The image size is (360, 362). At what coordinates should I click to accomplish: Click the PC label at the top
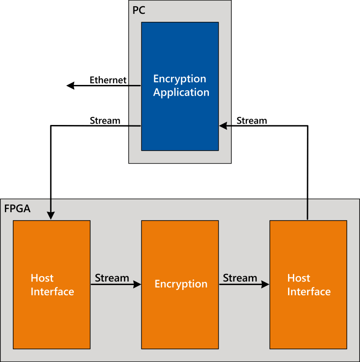point(139,10)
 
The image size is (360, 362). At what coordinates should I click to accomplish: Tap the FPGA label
point(17,209)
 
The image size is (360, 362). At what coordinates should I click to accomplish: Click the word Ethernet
point(108,80)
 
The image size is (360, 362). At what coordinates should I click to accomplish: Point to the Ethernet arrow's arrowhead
point(70,85)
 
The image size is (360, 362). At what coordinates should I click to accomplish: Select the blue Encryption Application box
point(180,86)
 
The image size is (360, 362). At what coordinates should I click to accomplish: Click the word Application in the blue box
point(181,93)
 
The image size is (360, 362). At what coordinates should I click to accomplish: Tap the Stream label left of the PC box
point(105,121)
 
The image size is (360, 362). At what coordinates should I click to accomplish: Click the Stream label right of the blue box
point(252,121)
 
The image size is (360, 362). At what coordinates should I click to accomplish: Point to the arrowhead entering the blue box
point(223,126)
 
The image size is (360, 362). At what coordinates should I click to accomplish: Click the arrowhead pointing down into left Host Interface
point(51,216)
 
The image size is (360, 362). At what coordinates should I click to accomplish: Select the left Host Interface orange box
point(52,285)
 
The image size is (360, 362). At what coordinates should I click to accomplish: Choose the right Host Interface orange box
point(308,285)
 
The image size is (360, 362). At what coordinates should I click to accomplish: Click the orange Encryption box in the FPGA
point(180,285)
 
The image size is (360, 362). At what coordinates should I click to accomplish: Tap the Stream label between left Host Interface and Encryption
point(112,278)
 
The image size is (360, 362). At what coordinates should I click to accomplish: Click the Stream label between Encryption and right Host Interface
point(240,278)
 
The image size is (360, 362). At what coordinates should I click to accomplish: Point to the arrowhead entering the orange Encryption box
point(137,285)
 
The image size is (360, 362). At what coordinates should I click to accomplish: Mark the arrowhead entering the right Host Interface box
point(265,285)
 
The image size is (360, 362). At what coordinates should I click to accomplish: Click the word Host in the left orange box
point(42,278)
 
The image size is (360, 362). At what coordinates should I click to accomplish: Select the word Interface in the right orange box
point(309,292)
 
